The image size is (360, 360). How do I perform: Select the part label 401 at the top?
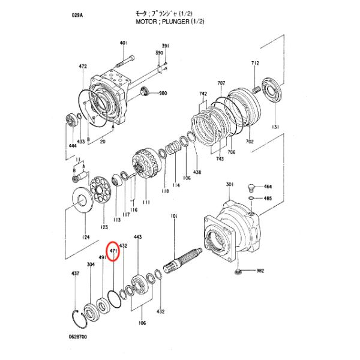coord(124,43)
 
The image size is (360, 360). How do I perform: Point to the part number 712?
coord(255,63)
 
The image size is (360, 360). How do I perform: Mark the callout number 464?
coord(268,187)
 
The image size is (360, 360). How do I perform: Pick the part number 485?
coord(268,198)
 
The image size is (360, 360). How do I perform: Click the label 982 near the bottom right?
coord(260,271)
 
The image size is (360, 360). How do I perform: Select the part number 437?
coord(75,273)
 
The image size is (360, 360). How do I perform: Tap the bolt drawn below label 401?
coord(127,60)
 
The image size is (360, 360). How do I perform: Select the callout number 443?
coord(138,238)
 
